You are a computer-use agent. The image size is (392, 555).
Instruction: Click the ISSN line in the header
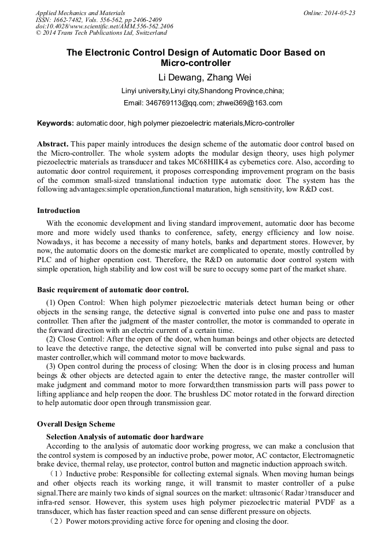point(99,20)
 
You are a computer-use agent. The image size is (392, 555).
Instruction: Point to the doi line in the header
point(104,27)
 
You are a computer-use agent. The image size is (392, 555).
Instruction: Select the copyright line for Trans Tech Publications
point(101,34)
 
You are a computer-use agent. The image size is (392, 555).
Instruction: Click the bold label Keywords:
point(56,123)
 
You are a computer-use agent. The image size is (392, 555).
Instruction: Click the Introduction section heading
point(58,211)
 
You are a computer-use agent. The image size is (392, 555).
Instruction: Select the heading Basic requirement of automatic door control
point(113,289)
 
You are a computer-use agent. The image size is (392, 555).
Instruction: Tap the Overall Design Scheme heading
point(76,424)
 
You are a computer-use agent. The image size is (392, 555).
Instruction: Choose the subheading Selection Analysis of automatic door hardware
point(125,436)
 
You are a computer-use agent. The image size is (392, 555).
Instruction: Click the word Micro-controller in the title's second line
point(195,63)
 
